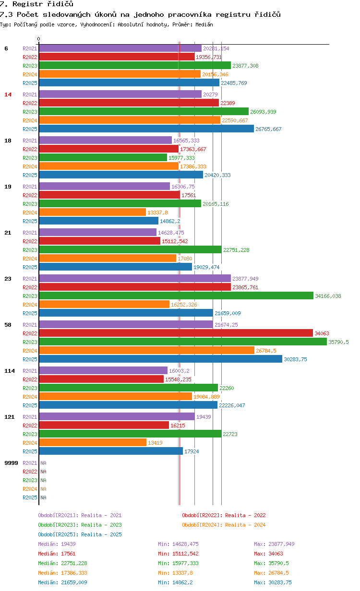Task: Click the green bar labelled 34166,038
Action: pyautogui.click(x=176, y=296)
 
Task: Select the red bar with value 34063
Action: pyautogui.click(x=176, y=333)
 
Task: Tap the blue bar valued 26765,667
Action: pyautogui.click(x=146, y=129)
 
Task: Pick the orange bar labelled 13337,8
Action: pyautogui.click(x=92, y=212)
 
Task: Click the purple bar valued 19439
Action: pyautogui.click(x=117, y=416)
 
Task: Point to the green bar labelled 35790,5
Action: pyautogui.click(x=183, y=342)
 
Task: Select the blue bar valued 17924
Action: pyautogui.click(x=111, y=451)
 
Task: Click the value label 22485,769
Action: pyautogui.click(x=234, y=83)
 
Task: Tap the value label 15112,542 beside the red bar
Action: pyautogui.click(x=175, y=241)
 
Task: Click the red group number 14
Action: pyautogui.click(x=8, y=95)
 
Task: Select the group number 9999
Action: pyautogui.click(x=11, y=463)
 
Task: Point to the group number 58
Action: pyautogui.click(x=8, y=324)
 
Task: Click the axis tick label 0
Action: pyautogui.click(x=38, y=39)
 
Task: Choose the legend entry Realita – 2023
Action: pyautogui.click(x=101, y=525)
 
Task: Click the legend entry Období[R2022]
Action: pyautogui.click(x=202, y=515)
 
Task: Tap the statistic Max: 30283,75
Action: pyautogui.click(x=273, y=582)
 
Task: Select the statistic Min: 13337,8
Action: pyautogui.click(x=175, y=573)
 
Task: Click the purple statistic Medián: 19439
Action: pyautogui.click(x=57, y=544)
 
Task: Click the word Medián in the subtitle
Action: pyautogui.click(x=204, y=24)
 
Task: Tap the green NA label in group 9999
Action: pyautogui.click(x=43, y=480)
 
